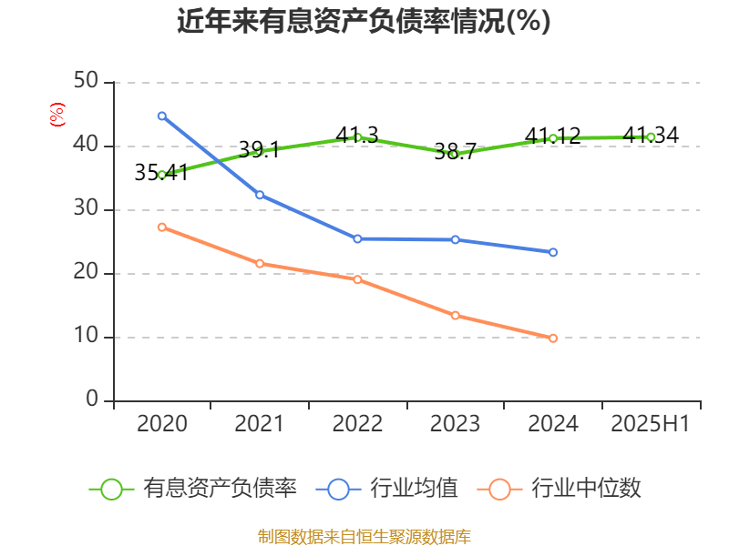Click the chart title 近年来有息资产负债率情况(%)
tap(364, 21)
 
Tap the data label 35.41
tap(161, 172)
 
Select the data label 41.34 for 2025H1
tap(651, 136)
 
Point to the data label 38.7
tap(455, 152)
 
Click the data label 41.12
tap(552, 136)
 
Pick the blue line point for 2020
tap(161, 116)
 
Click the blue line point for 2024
tap(553, 252)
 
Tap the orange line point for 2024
tap(553, 338)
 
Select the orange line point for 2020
tap(161, 227)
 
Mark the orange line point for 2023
tap(455, 315)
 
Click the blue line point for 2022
tap(357, 238)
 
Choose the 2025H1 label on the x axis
tap(651, 424)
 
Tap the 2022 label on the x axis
tap(357, 424)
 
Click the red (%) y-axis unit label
tap(57, 114)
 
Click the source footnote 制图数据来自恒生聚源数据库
tap(364, 536)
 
